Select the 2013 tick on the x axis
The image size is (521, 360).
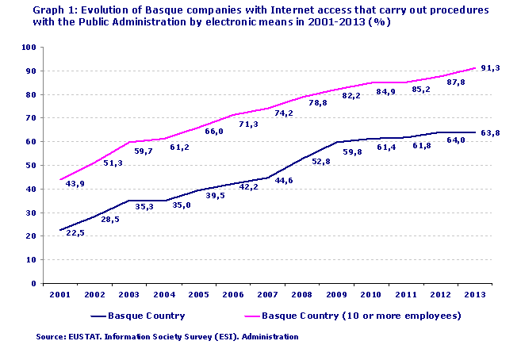coord(473,293)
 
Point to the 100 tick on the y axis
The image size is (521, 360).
coord(29,48)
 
